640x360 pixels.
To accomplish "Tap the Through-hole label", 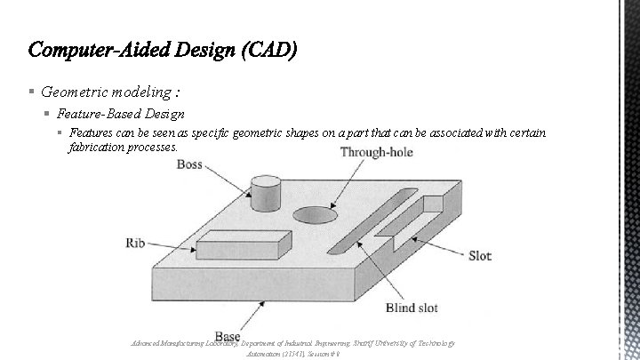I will click(376, 152).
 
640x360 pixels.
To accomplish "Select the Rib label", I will click(136, 242).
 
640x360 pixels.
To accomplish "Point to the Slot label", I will click(480, 256).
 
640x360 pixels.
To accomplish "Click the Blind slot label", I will click(412, 308).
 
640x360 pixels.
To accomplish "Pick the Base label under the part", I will click(228, 336).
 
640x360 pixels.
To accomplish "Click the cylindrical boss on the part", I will click(266, 194).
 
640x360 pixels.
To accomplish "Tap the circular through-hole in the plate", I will click(316, 215).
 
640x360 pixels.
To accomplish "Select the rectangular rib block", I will click(243, 243).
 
